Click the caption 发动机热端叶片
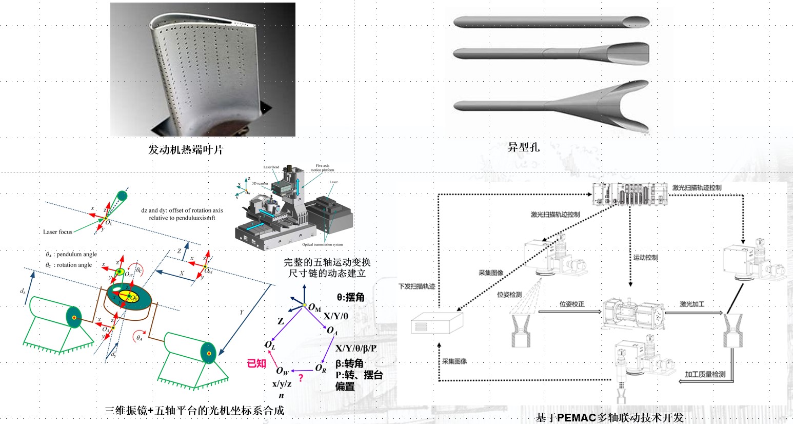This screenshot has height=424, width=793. pos(186,150)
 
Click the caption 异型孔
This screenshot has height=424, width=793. pos(523,147)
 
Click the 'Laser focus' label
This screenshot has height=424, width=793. pos(57,232)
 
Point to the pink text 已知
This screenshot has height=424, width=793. pos(256,363)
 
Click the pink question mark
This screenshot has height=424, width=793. pos(301,378)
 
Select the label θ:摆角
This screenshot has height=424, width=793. pos(351,297)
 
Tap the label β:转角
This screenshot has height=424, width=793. pos(349,363)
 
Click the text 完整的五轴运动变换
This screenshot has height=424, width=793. pos(327,262)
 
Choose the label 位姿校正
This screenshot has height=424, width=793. pos(572,304)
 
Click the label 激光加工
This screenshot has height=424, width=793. pos(692,304)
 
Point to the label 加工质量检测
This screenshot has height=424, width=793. pos(705,374)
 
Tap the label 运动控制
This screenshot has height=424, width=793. pos(645,257)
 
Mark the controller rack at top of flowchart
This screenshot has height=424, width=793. pos(629,195)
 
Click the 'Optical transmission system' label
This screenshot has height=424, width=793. pos(323,245)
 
